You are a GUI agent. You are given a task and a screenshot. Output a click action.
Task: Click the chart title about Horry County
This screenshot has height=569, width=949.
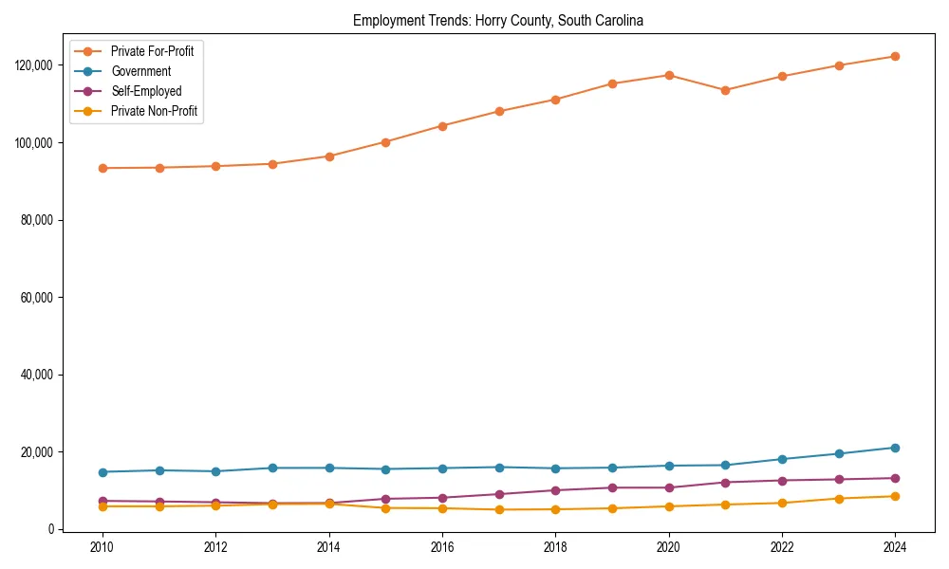[x=498, y=21]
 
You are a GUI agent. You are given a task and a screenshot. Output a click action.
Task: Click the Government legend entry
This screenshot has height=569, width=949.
[x=140, y=71]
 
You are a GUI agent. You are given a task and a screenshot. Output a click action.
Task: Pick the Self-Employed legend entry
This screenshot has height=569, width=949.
[x=145, y=91]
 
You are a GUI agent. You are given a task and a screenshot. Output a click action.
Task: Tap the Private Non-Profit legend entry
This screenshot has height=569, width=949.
[x=155, y=111]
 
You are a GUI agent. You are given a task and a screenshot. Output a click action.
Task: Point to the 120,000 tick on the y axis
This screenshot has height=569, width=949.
[x=36, y=65]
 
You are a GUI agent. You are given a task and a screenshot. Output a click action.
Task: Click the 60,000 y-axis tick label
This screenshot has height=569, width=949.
[x=39, y=297]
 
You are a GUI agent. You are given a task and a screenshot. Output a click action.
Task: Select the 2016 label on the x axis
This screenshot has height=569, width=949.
[x=442, y=548]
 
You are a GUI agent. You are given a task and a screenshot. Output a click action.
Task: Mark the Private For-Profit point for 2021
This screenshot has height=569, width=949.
[x=725, y=91]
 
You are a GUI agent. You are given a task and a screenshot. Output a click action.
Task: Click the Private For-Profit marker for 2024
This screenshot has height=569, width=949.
[x=895, y=57]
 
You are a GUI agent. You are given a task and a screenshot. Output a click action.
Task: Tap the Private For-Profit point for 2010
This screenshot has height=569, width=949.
[x=102, y=168]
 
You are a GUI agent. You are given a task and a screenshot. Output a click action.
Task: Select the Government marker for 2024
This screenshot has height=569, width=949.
[x=895, y=448]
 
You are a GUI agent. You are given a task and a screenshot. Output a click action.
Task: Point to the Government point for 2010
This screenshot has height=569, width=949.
[x=102, y=472]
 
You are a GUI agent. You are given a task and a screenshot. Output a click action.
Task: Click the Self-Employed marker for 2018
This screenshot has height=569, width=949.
[x=555, y=490]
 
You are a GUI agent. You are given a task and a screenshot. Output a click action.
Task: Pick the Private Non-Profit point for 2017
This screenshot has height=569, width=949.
[x=499, y=509]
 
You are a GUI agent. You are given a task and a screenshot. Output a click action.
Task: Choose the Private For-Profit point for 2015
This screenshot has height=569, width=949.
[x=385, y=142]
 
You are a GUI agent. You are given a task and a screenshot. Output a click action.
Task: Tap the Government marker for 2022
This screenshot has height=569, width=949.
[x=782, y=459]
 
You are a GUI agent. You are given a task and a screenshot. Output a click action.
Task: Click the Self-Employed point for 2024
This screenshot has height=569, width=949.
[x=895, y=478]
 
